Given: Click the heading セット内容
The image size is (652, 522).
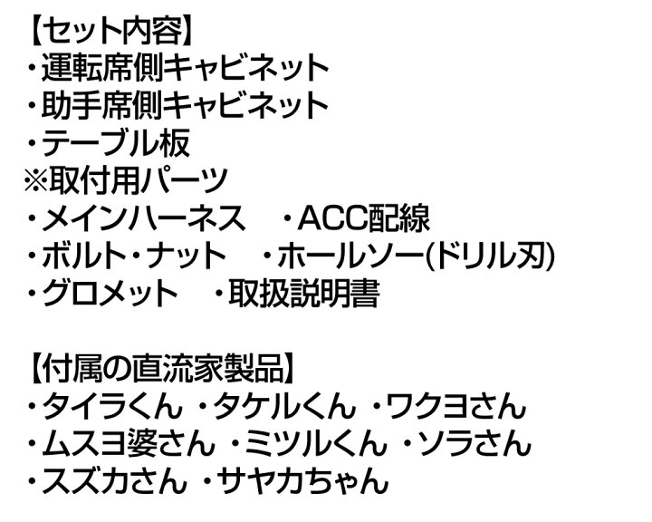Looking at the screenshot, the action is tap(112, 32).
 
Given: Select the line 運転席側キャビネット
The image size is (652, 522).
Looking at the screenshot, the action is tap(186, 68).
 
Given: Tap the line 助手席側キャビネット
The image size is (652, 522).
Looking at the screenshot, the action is tap(185, 105).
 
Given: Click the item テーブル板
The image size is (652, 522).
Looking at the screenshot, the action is tap(116, 142).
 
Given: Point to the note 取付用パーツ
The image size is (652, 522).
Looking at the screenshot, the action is tap(138, 179).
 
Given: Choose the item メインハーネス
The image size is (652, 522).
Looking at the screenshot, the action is tap(143, 217).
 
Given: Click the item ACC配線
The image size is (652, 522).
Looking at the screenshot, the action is tap(364, 217).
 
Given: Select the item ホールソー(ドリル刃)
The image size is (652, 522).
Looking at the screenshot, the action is tap(417, 255).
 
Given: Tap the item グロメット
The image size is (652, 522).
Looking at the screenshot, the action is tap(110, 292).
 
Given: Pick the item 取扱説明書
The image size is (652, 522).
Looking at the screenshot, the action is tap(304, 292).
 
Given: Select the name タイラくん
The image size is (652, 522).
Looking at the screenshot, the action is tap(112, 406).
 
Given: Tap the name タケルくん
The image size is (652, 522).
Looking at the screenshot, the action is tap(284, 406).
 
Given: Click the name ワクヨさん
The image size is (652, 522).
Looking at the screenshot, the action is tap(456, 406).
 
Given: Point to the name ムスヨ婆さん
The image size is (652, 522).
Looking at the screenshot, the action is tap(128, 443).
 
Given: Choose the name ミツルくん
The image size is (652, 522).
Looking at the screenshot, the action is tap(316, 443).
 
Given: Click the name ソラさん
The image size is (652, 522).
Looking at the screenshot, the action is tap(474, 443).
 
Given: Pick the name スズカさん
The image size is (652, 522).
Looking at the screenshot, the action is tap(114, 480).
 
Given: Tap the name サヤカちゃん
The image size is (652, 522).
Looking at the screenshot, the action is tap(302, 480).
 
